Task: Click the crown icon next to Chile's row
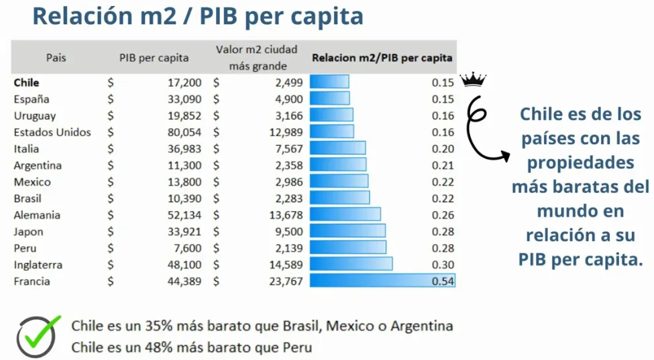tap(473, 81)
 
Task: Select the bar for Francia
tap(382, 281)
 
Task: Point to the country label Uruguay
tap(34, 116)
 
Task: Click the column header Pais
tap(56, 58)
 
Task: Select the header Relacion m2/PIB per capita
tap(382, 58)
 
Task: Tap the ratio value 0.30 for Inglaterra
tap(443, 265)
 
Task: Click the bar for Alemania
tap(345, 215)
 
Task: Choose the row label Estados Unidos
tap(52, 132)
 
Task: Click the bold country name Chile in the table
tap(26, 82)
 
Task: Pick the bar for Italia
tap(337, 149)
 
